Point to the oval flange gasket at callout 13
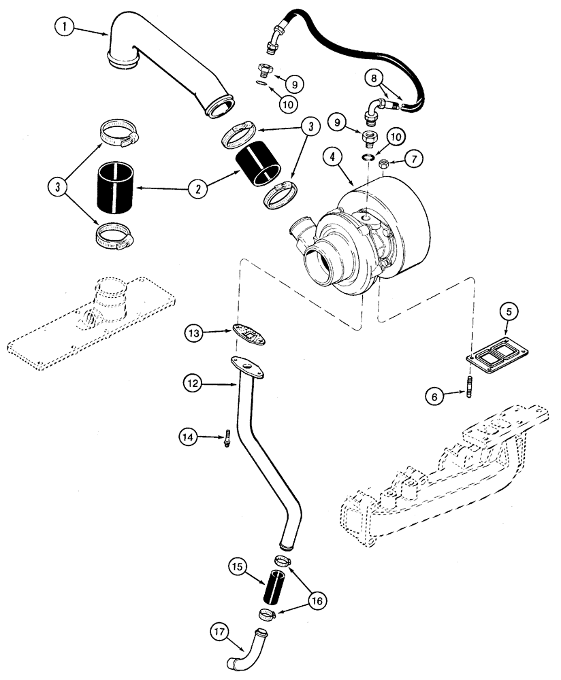click(249, 334)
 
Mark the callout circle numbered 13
click(195, 333)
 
